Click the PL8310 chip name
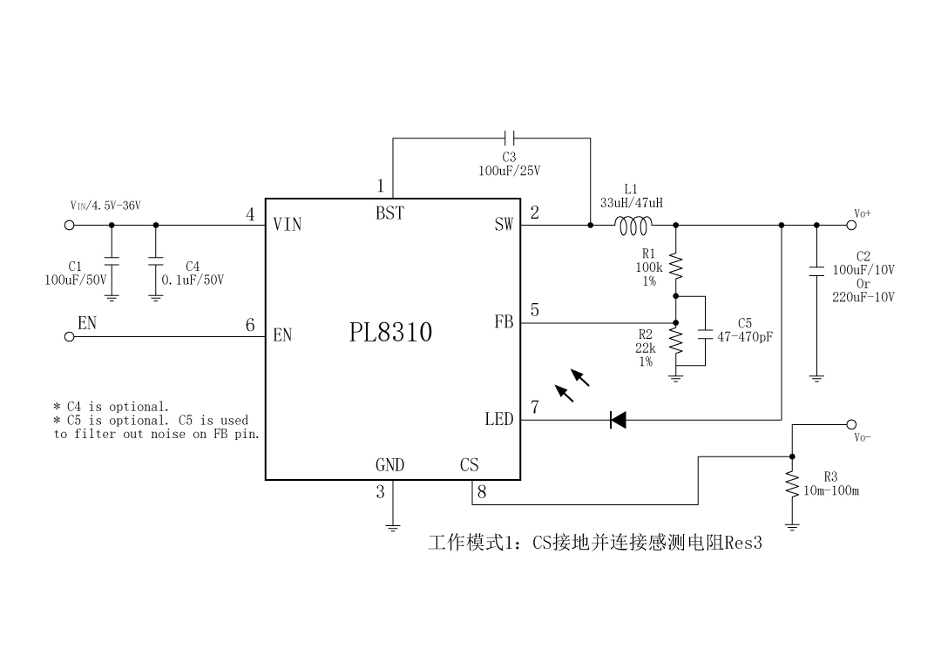[x=390, y=332]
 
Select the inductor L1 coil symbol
[x=633, y=226]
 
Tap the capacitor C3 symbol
[x=511, y=138]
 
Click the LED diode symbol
[x=618, y=420]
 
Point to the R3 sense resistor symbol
[x=792, y=485]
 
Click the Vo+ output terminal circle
[x=851, y=225]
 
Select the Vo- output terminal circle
[x=851, y=425]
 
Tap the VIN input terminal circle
[x=69, y=225]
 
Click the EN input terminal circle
[x=69, y=339]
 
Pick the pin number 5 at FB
[x=534, y=310]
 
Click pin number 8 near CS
[x=481, y=492]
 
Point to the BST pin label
[x=389, y=213]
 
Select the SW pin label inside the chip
[x=504, y=225]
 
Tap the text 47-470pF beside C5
[x=745, y=335]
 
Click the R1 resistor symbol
[x=675, y=265]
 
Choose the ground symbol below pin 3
[x=393, y=526]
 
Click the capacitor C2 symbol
[x=816, y=271]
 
